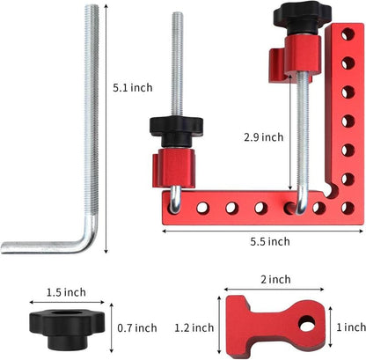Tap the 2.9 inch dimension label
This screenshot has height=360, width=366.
point(264,137)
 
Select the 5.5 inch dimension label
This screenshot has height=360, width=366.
point(265,241)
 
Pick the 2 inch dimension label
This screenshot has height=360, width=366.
point(276,280)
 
